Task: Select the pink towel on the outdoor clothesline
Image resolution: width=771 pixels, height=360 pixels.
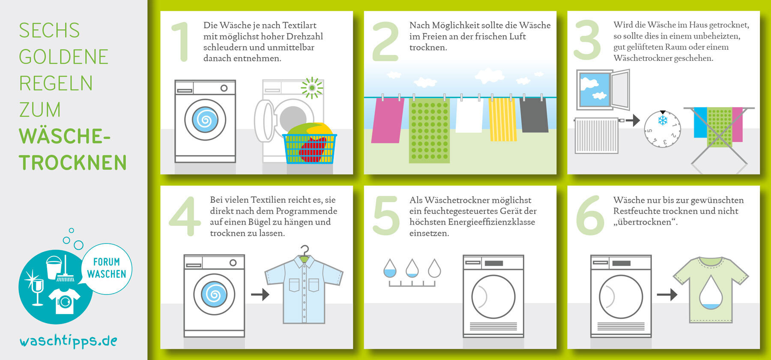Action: pos(387,120)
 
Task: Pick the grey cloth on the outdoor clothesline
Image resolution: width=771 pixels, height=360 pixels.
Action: pos(534,115)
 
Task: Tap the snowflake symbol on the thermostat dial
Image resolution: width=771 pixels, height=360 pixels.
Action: pos(663,120)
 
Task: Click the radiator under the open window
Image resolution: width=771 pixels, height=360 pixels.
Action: pos(596,135)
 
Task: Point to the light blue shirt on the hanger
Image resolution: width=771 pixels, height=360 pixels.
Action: pos(304,290)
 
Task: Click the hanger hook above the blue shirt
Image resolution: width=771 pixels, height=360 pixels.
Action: pos(305,250)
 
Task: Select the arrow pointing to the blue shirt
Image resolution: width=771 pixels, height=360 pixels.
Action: pos(260,294)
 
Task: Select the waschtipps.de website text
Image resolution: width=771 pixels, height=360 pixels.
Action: pos(69,341)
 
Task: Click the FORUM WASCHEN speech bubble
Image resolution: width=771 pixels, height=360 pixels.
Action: pos(107,268)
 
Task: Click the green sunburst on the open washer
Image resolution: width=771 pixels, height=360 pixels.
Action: pos(312,88)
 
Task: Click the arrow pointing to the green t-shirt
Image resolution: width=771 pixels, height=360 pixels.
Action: pos(667,294)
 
